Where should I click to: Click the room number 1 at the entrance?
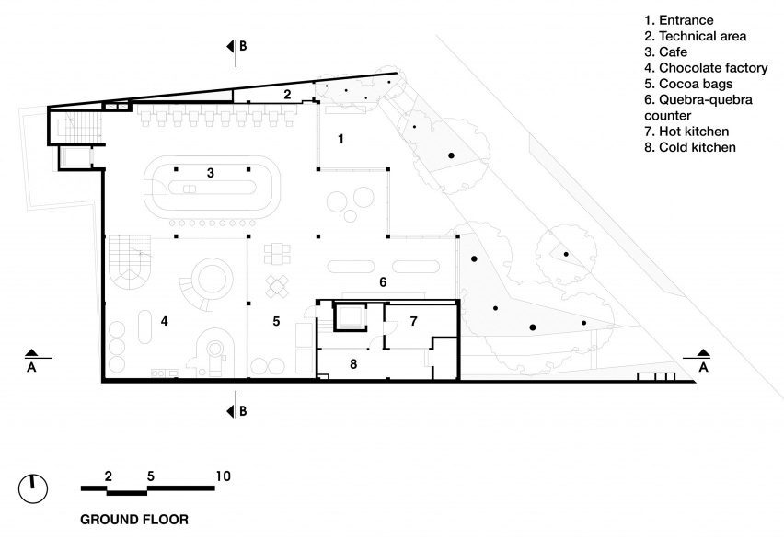point(341,139)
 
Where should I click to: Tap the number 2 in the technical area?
point(287,94)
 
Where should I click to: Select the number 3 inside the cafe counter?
point(211,173)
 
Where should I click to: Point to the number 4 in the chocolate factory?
point(165,321)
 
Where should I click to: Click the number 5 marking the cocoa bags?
point(276,321)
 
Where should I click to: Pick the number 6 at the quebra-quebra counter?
point(383,282)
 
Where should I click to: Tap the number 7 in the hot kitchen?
point(413,321)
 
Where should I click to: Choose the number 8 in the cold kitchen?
point(353,364)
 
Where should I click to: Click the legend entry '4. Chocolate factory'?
point(706,68)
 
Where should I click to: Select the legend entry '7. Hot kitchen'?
point(686,132)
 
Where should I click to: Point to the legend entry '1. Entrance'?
point(678,20)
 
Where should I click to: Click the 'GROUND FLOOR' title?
point(134,520)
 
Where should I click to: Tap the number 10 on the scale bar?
point(223,476)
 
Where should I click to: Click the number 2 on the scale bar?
point(109,476)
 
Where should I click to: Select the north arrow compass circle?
point(33,489)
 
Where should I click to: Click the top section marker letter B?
point(243,46)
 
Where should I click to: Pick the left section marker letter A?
point(31,368)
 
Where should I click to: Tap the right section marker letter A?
point(704,368)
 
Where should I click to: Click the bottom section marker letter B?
point(243,411)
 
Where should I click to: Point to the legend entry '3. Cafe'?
point(665,52)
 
